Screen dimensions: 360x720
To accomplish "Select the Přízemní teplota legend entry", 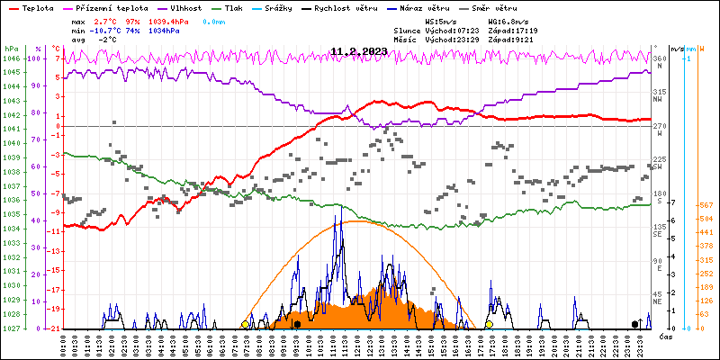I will (106, 7).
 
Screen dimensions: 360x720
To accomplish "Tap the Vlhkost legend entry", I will (186, 7).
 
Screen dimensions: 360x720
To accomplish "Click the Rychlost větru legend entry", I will (370, 7).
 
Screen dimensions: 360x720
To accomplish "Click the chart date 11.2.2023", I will (359, 51).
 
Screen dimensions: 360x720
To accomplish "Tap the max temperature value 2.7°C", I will (106, 20).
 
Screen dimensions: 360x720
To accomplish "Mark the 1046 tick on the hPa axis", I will (11, 58).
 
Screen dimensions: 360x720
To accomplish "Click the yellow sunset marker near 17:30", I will (490, 324).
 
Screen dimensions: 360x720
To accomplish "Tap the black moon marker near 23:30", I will (635, 324).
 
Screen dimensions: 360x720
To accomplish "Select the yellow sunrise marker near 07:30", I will (245, 324).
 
